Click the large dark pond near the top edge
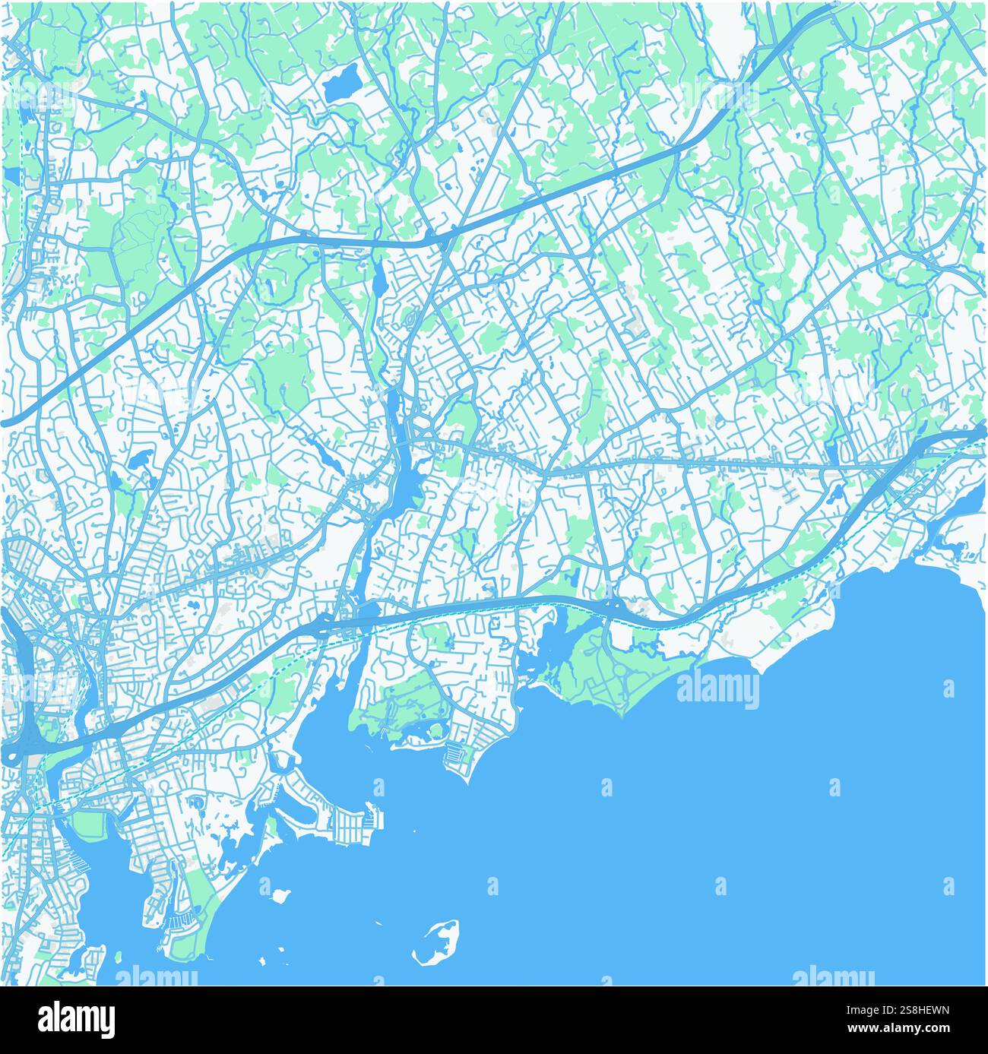[x=343, y=81]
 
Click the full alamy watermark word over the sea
[x=717, y=691]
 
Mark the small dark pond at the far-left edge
[x=12, y=176]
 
